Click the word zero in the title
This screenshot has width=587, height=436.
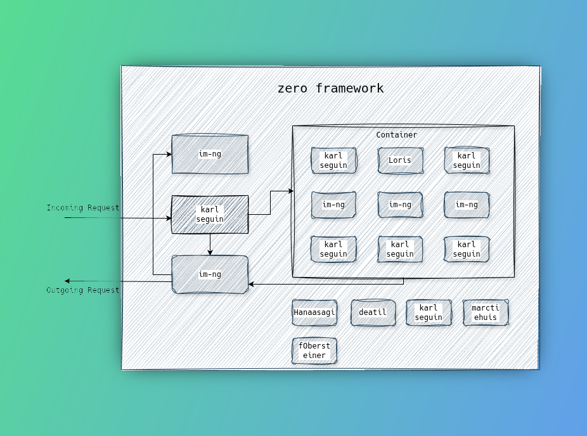tap(292, 89)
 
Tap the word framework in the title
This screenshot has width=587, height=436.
tap(350, 88)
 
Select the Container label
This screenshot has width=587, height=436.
tap(396, 135)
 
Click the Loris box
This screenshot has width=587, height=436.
tap(400, 160)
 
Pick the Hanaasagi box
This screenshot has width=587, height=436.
tap(314, 312)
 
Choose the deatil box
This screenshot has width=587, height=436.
tap(373, 312)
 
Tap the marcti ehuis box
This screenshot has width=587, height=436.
tap(486, 312)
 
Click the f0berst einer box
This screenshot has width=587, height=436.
tap(314, 350)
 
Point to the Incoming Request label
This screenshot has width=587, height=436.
tap(83, 208)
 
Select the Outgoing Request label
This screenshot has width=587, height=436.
tap(83, 290)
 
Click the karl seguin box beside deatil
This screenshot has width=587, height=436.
tap(429, 312)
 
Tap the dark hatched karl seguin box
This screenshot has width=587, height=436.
tap(210, 214)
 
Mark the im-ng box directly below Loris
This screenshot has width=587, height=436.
tap(400, 205)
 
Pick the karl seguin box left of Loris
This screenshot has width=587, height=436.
tap(333, 160)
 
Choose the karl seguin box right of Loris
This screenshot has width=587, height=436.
tap(467, 160)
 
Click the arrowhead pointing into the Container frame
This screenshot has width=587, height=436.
tap(291, 191)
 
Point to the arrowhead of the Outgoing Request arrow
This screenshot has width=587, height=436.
tap(67, 281)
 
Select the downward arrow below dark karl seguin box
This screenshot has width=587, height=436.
tap(210, 245)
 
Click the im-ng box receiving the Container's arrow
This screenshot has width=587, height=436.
tap(210, 274)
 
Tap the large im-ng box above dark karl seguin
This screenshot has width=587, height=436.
tap(210, 154)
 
